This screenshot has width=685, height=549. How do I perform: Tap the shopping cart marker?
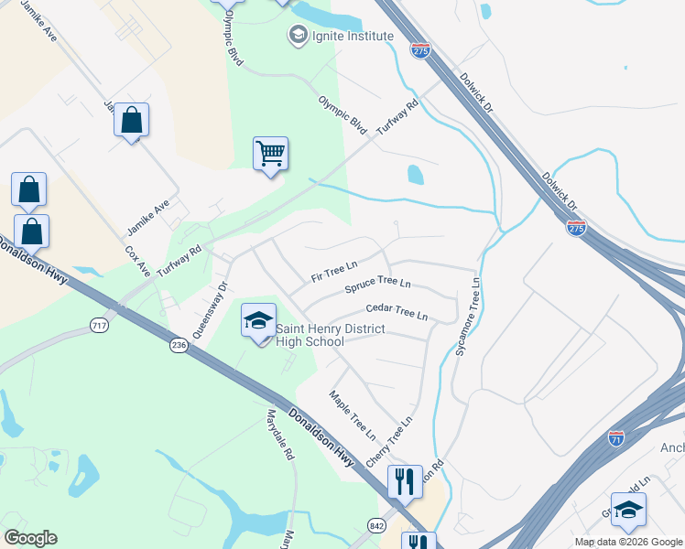271,155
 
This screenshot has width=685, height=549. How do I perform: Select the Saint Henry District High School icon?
258,321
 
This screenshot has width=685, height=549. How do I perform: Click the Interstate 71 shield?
615,439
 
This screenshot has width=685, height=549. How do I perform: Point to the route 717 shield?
100,325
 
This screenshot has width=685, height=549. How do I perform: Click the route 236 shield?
179,345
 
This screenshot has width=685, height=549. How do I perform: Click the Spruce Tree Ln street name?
377,286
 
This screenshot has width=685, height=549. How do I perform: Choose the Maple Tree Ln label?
353,414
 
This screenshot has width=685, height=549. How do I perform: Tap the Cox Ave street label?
137,261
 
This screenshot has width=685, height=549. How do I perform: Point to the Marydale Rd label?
280,434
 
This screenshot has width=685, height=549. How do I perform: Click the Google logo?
30,538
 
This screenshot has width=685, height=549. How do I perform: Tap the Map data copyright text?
627,542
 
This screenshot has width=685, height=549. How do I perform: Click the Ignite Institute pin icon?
297,36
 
